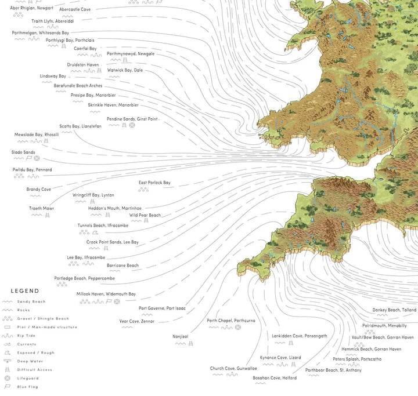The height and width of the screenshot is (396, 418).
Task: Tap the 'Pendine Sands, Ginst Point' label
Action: (132, 118)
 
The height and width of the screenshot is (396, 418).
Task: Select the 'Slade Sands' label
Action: (23, 152)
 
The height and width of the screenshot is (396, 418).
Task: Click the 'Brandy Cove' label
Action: (38, 189)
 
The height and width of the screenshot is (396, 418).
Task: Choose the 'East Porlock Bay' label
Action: (154, 183)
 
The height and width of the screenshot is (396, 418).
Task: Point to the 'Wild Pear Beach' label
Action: (145, 215)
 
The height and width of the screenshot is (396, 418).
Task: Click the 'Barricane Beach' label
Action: (122, 266)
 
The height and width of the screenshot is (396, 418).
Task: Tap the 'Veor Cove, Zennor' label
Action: (136, 321)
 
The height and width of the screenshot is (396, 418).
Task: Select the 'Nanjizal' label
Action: (181, 336)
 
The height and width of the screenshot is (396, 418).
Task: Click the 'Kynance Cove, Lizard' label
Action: (281, 358)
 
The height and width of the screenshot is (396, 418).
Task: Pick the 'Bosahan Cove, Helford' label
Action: (275, 378)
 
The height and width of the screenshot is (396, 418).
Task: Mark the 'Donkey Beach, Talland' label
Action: (394, 310)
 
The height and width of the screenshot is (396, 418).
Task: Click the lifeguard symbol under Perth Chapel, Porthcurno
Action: (237, 328)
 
